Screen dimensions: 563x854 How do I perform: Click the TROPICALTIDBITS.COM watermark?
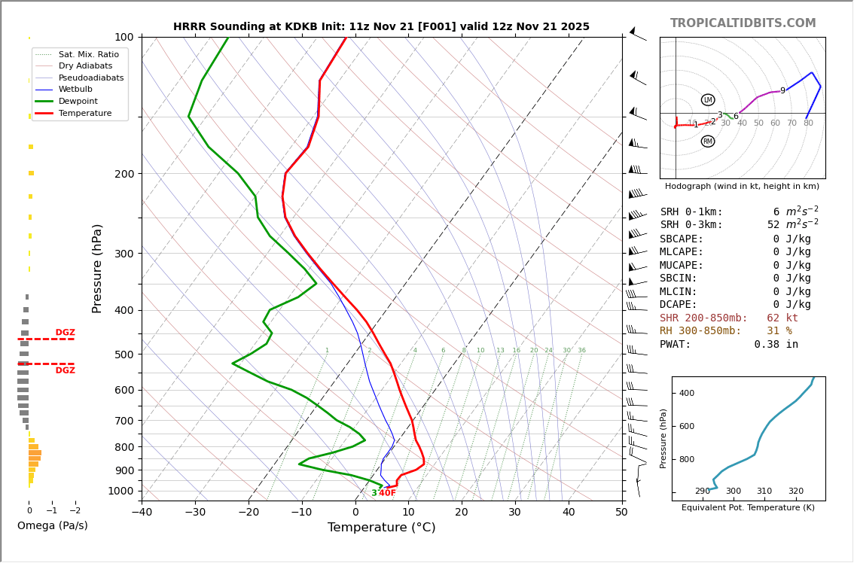tap(743, 23)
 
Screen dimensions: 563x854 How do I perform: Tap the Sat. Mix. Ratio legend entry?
tap(88, 54)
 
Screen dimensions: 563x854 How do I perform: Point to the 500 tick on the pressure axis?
tap(124, 355)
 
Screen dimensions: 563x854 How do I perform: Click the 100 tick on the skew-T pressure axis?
tap(124, 37)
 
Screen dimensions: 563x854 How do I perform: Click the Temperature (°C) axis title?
tap(381, 528)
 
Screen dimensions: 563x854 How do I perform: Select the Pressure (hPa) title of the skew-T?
tap(97, 268)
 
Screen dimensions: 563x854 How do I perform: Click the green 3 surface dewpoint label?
tap(374, 493)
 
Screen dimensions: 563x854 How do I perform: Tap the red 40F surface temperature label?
tap(387, 493)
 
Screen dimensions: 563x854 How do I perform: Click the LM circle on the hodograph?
tap(708, 100)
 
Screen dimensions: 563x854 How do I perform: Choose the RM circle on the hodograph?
tap(708, 142)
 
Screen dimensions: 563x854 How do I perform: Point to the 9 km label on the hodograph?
tap(782, 91)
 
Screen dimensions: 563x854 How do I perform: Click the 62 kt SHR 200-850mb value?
tap(782, 318)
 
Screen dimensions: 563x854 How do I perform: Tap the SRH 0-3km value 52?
tap(773, 225)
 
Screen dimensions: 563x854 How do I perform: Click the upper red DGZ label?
tap(65, 333)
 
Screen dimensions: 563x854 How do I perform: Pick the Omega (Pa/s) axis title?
tap(53, 525)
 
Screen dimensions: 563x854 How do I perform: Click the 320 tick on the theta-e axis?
tap(796, 491)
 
